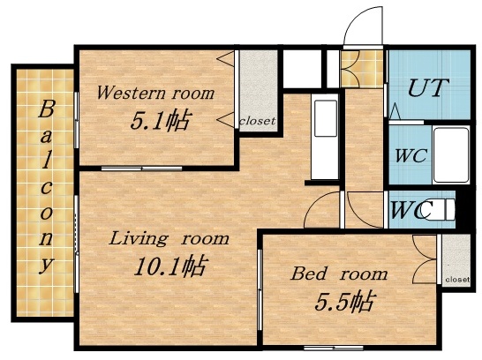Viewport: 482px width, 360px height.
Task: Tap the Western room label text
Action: pyautogui.click(x=154, y=92)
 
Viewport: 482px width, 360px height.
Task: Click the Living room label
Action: pyautogui.click(x=169, y=238)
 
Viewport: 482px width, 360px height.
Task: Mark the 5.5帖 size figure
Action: pyautogui.click(x=343, y=302)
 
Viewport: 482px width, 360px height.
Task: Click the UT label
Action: pyautogui.click(x=428, y=89)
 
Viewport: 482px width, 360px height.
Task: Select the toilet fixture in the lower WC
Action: pyautogui.click(x=448, y=210)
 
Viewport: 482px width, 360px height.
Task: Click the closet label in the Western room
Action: pyautogui.click(x=257, y=120)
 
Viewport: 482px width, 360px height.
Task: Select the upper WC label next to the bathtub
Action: pyautogui.click(x=410, y=155)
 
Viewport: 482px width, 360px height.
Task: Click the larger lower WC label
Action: pyautogui.click(x=410, y=211)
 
